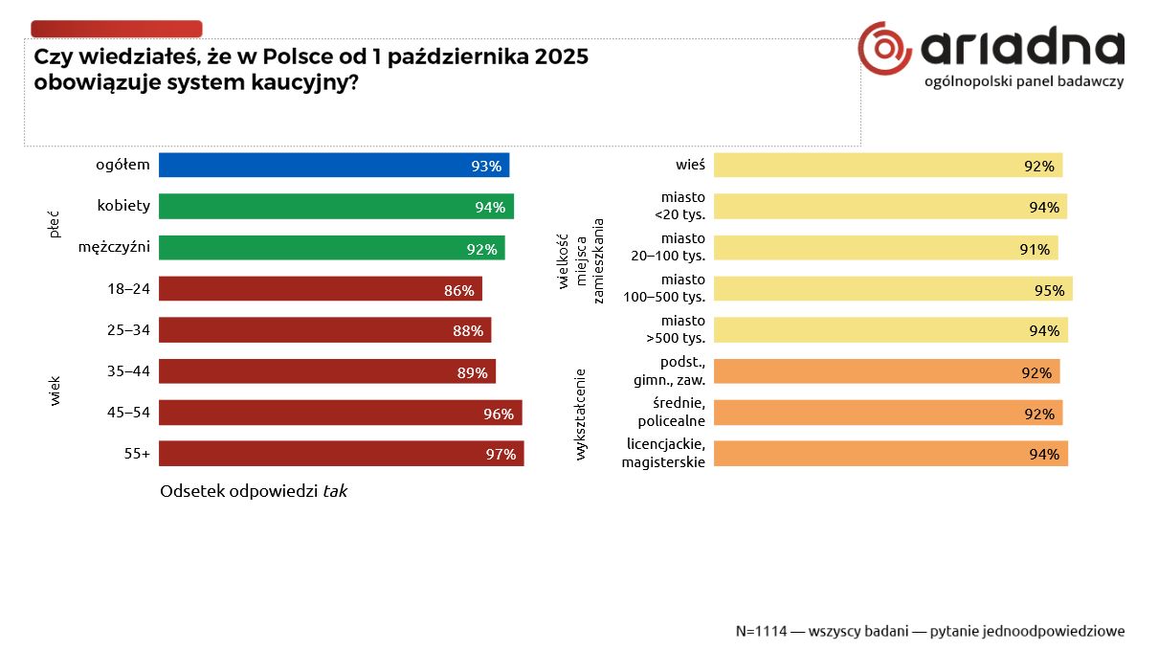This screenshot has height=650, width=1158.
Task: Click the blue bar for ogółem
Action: click(333, 166)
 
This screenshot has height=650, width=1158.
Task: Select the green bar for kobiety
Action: click(336, 207)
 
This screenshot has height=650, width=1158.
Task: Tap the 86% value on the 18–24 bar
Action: click(459, 290)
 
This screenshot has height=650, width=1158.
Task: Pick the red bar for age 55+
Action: click(341, 454)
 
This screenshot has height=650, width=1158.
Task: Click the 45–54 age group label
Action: click(129, 413)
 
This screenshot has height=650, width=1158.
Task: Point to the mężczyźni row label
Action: click(114, 248)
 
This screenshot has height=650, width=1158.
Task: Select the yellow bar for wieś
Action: click(887, 166)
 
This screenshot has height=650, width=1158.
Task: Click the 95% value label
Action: click(1049, 290)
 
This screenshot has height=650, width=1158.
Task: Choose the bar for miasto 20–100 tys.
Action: click(885, 248)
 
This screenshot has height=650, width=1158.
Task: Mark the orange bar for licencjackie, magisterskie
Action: click(890, 454)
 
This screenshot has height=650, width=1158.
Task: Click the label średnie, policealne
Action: click(671, 412)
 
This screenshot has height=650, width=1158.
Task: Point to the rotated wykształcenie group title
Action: click(580, 414)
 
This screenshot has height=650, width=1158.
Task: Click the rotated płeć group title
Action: click(55, 226)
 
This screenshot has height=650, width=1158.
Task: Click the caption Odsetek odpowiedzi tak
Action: click(254, 491)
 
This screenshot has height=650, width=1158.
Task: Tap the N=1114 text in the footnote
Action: click(761, 632)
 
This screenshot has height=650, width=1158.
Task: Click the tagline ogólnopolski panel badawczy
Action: click(1024, 81)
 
